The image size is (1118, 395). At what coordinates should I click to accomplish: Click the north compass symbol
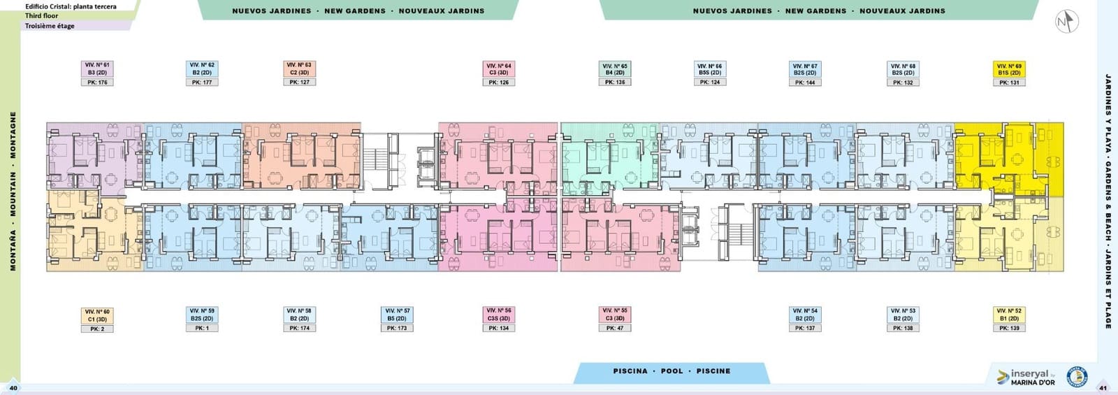coord(1066,22)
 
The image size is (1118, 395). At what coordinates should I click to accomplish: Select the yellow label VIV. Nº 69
coord(1008,69)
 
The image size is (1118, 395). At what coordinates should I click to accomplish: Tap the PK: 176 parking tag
coord(97,82)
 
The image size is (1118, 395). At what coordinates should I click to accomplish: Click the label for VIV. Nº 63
coord(299,69)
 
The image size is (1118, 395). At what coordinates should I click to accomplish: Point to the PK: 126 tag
coord(499,82)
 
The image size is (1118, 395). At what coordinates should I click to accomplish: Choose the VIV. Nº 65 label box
coord(615,69)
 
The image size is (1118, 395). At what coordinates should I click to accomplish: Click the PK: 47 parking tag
coord(615,328)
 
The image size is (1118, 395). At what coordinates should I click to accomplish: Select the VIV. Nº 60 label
coord(97,315)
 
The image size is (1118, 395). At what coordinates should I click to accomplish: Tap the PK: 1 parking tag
coord(202,328)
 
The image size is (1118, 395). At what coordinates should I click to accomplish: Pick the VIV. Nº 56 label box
coord(499,314)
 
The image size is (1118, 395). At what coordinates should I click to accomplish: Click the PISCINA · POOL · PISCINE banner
coord(671,371)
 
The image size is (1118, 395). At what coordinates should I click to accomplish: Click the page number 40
coord(13,388)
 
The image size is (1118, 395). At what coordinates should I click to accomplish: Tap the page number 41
coord(1103,388)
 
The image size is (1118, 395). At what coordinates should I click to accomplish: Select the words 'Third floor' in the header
coord(42,15)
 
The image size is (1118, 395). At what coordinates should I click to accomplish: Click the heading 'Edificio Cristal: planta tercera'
coord(71,6)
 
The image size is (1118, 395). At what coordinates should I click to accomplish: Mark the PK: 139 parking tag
coord(1008,328)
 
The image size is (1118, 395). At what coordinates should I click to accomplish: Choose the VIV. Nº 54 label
coord(804,314)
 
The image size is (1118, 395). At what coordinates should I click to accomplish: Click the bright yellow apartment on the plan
coord(992,157)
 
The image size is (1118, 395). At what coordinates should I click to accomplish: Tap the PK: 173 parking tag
coord(397,328)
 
